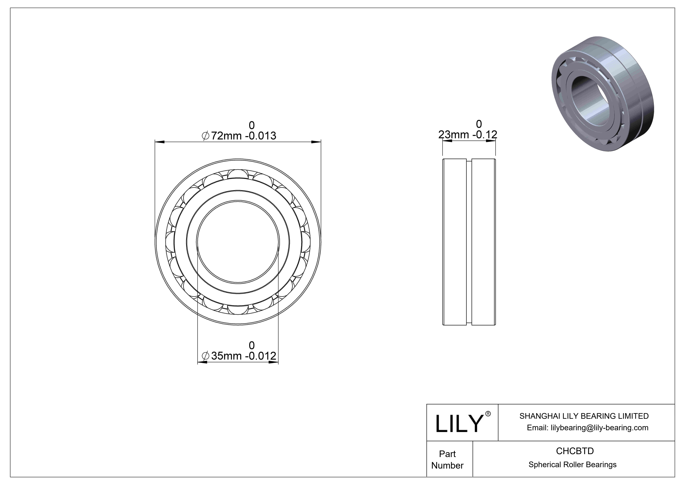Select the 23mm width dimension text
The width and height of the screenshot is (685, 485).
(x=468, y=135)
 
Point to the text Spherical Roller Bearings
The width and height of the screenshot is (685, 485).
(x=572, y=465)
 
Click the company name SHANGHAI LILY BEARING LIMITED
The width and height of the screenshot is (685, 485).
(x=584, y=416)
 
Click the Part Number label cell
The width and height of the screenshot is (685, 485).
(x=447, y=460)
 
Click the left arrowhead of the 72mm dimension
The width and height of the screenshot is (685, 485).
(x=160, y=141)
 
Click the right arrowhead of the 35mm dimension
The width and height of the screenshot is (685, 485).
(x=274, y=362)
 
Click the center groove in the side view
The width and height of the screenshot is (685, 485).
(x=469, y=242)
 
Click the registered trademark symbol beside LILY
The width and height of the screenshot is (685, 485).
(x=488, y=414)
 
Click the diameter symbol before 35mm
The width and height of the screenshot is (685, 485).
(x=205, y=356)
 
